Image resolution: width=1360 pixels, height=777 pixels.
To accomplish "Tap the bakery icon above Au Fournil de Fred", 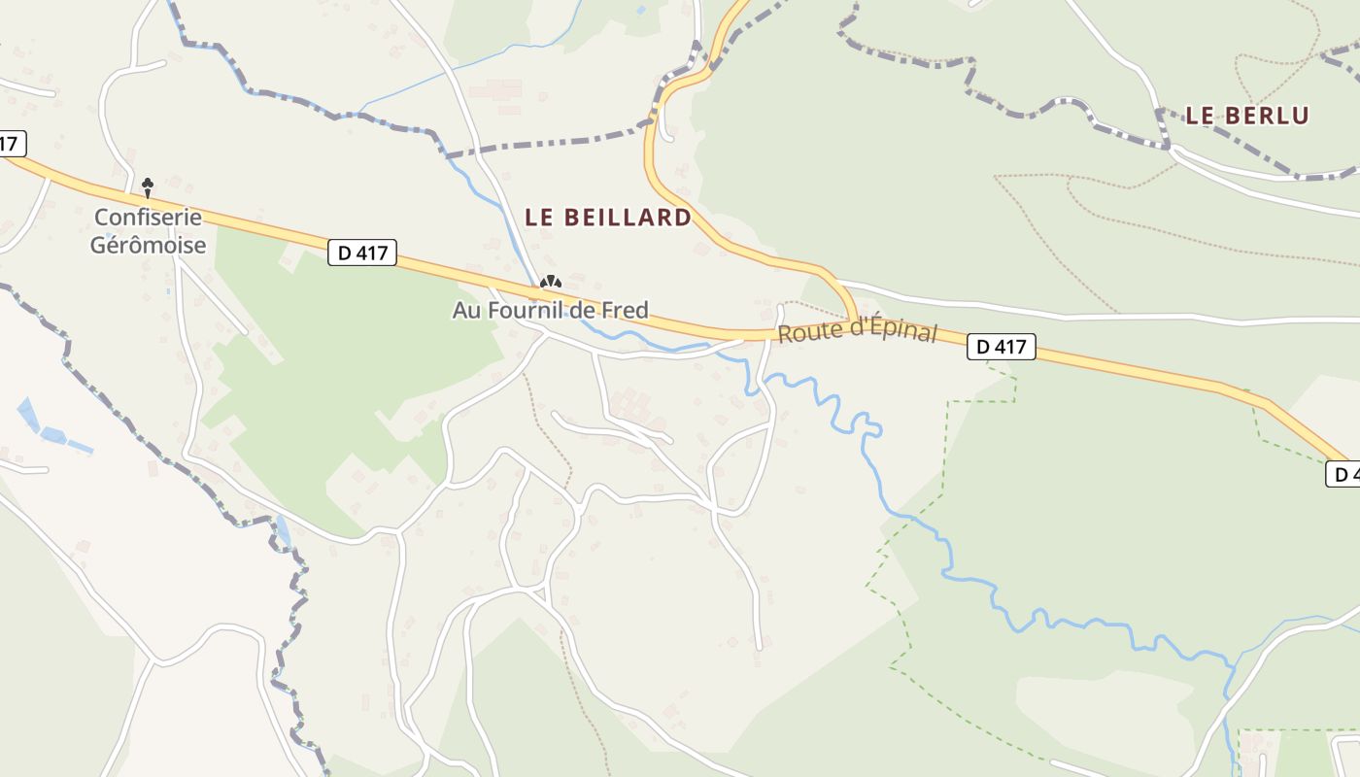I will (551, 283).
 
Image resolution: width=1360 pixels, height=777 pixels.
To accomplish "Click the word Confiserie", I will (148, 217).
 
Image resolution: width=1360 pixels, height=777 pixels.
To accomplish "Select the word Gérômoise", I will (148, 245).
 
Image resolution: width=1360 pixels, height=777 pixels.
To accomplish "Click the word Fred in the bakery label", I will (627, 311).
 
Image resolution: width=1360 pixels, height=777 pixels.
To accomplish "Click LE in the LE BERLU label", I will (1201, 116).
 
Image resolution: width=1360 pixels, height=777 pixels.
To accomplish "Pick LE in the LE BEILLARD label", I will (540, 218).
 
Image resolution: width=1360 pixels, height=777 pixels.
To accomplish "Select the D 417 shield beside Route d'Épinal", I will (1002, 347).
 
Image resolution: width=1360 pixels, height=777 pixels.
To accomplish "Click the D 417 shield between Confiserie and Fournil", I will (362, 253).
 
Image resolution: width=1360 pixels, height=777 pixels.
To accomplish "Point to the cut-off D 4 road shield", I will (1344, 474).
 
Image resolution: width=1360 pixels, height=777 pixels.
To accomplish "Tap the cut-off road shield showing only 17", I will (10, 144).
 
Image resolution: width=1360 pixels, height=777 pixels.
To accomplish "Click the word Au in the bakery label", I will (464, 311).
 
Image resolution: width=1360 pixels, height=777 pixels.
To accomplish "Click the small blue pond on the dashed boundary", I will (283, 531).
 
